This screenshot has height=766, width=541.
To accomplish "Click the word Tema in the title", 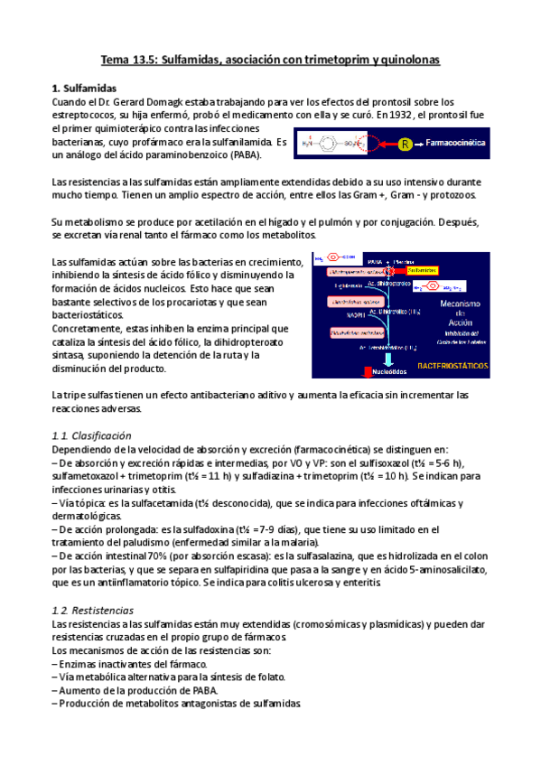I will click(115, 59).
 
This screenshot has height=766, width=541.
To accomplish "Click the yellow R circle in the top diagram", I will click(406, 144).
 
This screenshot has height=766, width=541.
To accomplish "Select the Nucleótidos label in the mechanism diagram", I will click(391, 370).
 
